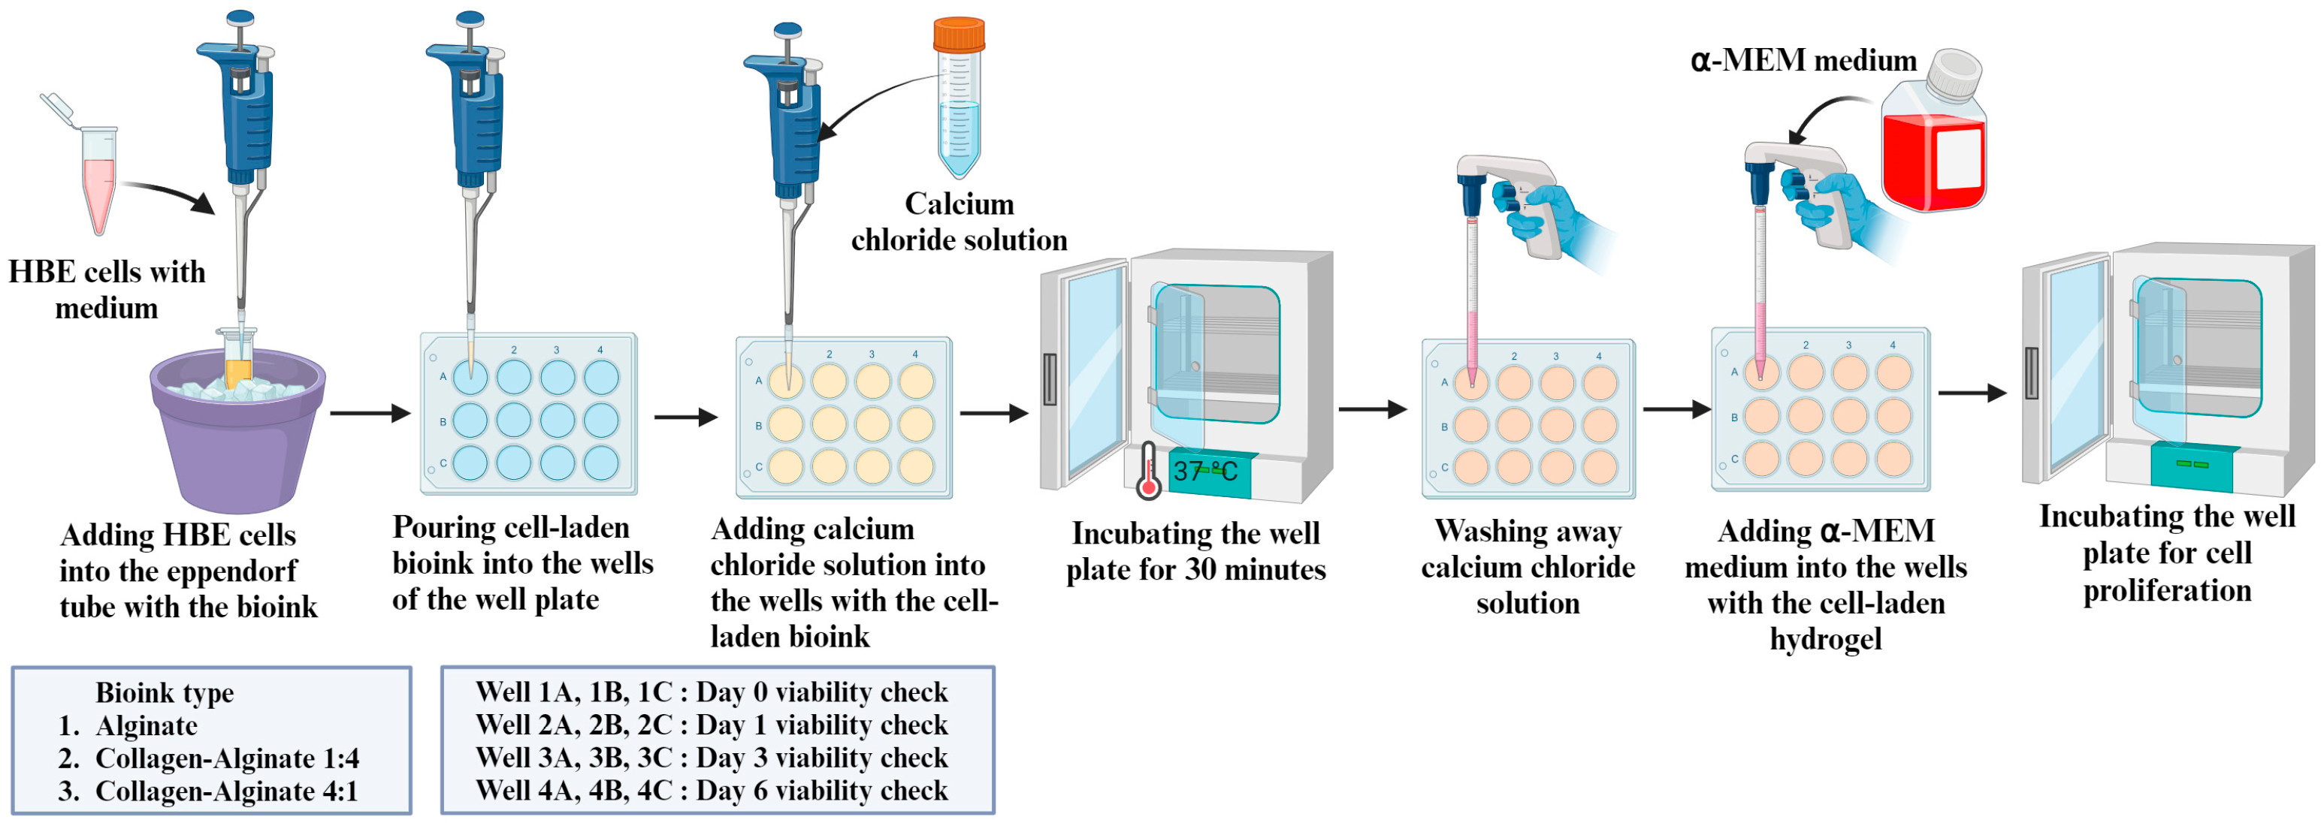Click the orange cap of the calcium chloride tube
(958, 35)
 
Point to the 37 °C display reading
(1205, 472)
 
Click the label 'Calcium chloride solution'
(958, 222)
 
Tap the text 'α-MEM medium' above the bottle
(1803, 60)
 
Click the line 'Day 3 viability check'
(711, 758)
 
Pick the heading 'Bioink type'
(165, 693)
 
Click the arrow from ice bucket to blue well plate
(369, 413)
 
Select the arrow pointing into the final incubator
(1972, 393)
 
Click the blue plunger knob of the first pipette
(240, 17)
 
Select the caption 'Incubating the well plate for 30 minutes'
(1195, 551)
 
